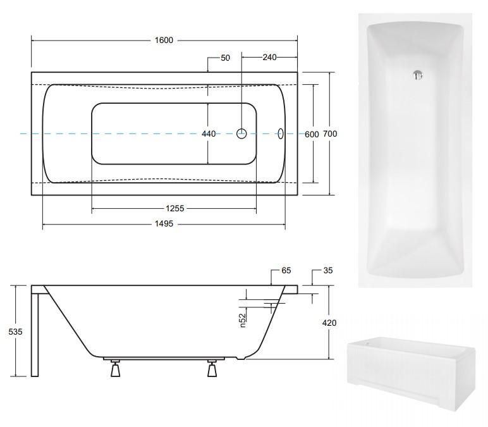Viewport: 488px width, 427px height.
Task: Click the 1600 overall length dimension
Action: [164, 40]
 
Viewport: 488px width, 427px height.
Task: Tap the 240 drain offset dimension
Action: [269, 58]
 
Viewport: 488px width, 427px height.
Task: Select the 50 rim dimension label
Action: [225, 58]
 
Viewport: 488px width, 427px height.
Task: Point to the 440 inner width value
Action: [209, 134]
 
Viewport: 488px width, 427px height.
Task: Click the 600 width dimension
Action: [312, 134]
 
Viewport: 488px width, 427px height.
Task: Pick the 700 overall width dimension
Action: [330, 133]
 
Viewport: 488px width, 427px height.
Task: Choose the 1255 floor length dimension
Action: [175, 208]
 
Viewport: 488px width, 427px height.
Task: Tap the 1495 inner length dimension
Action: [164, 224]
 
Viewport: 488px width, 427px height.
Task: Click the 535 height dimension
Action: [15, 332]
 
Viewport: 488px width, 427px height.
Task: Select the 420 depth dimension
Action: [329, 323]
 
